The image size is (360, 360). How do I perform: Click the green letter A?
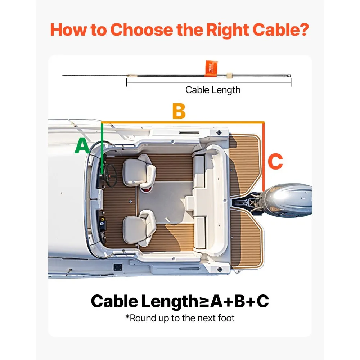point(82,145)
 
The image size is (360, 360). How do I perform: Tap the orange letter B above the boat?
point(179,111)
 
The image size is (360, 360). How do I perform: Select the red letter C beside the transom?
point(275,161)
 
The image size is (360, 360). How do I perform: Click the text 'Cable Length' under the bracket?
point(213,90)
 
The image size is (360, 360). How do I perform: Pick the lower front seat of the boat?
point(139,228)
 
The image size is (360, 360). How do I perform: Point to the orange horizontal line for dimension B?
point(183,122)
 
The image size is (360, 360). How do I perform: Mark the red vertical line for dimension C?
point(264,157)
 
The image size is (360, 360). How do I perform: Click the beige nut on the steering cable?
point(229,76)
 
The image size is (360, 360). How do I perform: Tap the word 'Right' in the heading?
point(228,30)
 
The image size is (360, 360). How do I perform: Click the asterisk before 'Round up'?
point(127,316)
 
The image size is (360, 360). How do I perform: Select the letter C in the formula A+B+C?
point(263,301)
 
